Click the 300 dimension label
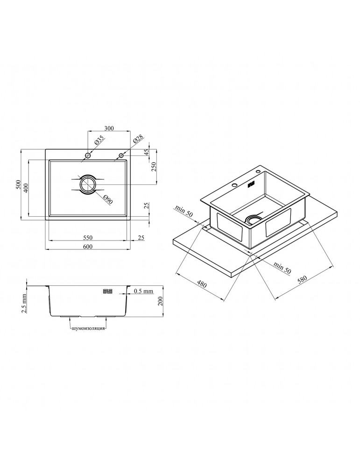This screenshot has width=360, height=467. pos(109,128)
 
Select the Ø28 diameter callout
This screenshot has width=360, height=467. pos(138,139)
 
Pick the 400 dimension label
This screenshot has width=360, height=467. pos(26,188)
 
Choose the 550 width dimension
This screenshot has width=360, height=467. pos(88,237)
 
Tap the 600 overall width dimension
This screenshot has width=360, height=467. pos(88,246)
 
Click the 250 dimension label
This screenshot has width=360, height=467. pos(154,168)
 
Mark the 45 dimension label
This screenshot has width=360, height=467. pos(146,152)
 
